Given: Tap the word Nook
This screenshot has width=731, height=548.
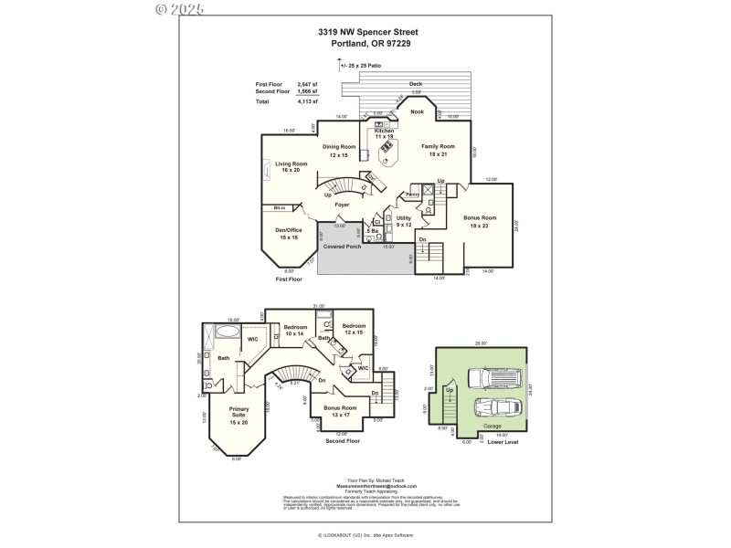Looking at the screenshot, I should tap(417, 111).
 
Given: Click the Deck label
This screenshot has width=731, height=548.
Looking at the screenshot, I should tap(416, 84).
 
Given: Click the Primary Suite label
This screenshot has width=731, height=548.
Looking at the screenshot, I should tap(238, 412).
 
